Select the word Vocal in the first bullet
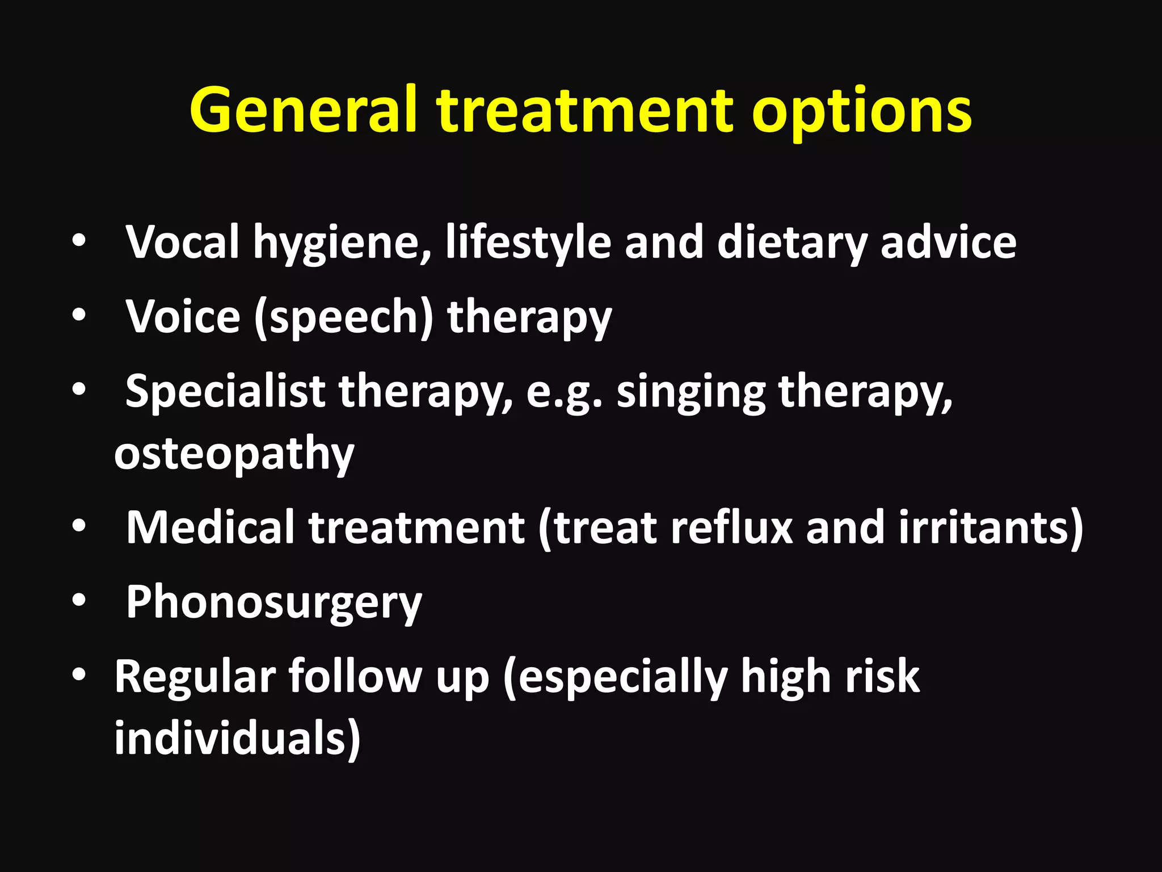182,242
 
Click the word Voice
183,316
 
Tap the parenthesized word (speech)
344,318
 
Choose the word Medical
210,527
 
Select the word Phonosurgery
273,603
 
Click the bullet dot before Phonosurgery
79,600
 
